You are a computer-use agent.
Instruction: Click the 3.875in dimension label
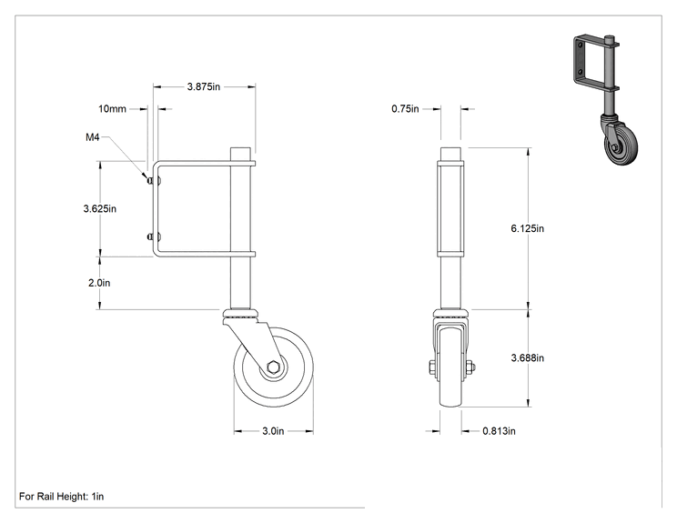click(203, 86)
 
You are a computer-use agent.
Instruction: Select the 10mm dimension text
click(112, 109)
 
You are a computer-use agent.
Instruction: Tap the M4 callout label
click(93, 137)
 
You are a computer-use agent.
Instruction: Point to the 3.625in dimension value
click(100, 209)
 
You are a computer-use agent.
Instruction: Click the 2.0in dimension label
click(99, 283)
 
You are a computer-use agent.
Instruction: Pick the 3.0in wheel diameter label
click(273, 431)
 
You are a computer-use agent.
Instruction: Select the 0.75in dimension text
click(405, 109)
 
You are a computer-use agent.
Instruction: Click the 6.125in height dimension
click(527, 228)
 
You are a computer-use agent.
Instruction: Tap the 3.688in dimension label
click(527, 358)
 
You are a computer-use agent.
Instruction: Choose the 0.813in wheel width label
click(499, 431)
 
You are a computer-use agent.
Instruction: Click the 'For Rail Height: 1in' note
click(61, 497)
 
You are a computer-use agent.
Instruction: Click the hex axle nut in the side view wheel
click(273, 367)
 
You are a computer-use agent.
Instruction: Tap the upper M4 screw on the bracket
click(154, 181)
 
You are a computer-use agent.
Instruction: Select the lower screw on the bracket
click(154, 236)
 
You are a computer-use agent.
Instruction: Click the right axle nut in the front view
click(471, 367)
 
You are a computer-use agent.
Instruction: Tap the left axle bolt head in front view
click(432, 367)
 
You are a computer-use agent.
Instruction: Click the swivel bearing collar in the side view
click(241, 314)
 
